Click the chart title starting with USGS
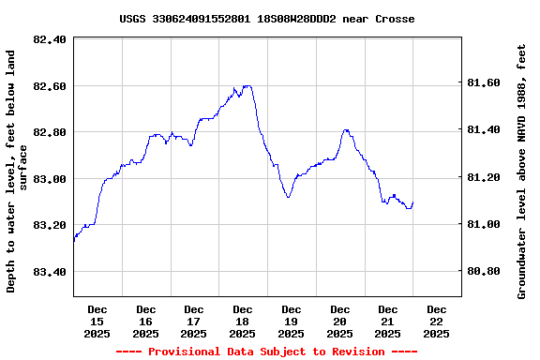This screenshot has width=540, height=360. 267,19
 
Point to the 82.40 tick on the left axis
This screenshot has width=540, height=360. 49,39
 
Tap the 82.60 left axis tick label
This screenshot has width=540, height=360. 49,86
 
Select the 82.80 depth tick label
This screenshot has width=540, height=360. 49,132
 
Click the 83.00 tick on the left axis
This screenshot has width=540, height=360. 49,179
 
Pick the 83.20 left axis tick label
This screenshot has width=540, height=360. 49,225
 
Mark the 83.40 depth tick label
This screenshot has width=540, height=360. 49,272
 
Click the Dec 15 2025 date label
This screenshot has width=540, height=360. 97,321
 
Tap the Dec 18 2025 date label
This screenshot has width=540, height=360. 242,321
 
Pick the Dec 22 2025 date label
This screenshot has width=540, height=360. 436,321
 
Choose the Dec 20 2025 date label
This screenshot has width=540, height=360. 339,321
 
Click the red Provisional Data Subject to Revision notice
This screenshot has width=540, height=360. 266,352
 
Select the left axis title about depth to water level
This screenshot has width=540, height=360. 17,171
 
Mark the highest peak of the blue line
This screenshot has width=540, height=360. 247,86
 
